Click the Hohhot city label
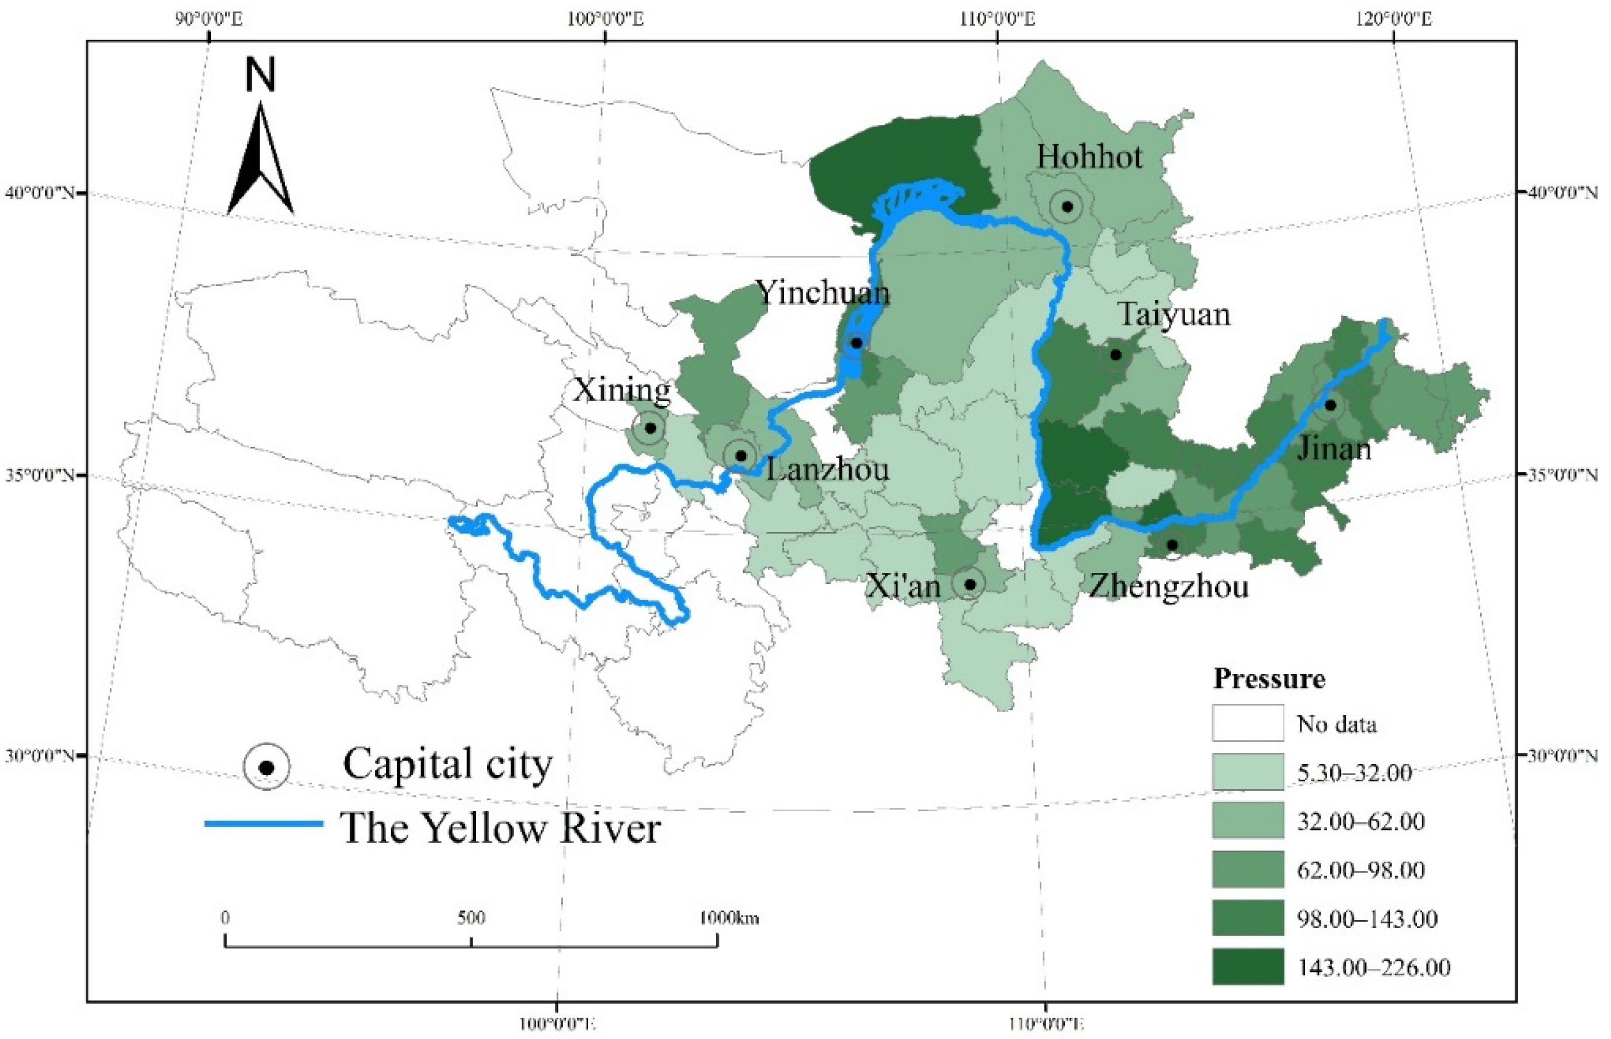click(x=1089, y=157)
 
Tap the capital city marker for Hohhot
click(x=1067, y=206)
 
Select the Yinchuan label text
click(x=822, y=293)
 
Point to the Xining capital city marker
click(x=650, y=428)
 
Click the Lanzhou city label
click(x=827, y=470)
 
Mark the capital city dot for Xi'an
click(x=970, y=584)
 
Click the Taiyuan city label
click(x=1174, y=315)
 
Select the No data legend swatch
click(x=1247, y=723)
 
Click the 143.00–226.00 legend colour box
click(x=1247, y=967)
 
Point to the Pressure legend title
click(x=1269, y=679)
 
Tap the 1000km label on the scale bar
click(x=728, y=918)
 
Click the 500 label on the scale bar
click(x=471, y=918)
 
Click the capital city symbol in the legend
click(x=266, y=767)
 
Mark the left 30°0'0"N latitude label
click(x=39, y=755)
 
